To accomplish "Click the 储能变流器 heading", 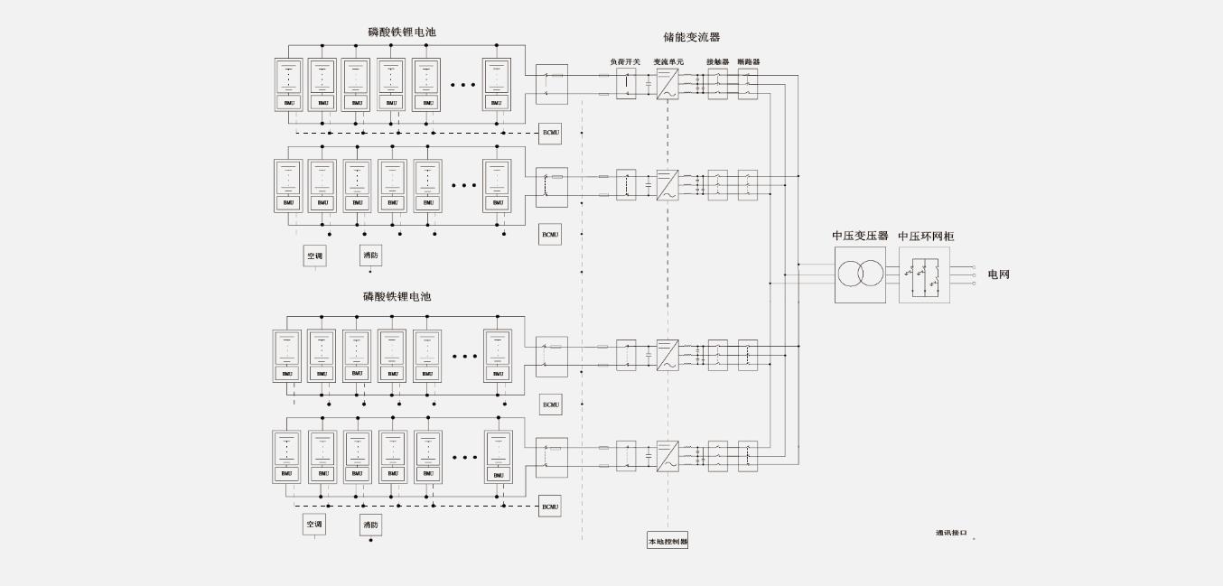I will [x=692, y=37].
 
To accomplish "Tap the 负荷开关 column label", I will [x=625, y=62].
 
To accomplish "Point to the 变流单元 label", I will [x=668, y=62].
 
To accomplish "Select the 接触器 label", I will [x=717, y=62].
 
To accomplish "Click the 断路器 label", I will [x=748, y=62].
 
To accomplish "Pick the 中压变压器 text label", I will [x=860, y=237].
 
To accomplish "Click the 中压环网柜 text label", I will [x=926, y=237].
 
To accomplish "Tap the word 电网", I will [x=998, y=274].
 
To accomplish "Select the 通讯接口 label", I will [x=951, y=533].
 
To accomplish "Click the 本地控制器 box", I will [x=668, y=542].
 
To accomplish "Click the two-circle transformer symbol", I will [x=860, y=274].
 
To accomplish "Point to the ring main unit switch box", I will [x=925, y=274].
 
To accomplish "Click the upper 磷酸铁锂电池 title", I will [x=402, y=33].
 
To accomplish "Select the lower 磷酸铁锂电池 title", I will [x=397, y=297].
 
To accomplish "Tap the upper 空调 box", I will [x=314, y=256].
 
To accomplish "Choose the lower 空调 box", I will [x=314, y=525].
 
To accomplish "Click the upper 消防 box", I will [x=370, y=256].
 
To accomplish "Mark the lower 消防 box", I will [x=370, y=525].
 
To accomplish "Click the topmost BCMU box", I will [x=551, y=134].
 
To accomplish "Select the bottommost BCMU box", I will [x=550, y=507].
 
